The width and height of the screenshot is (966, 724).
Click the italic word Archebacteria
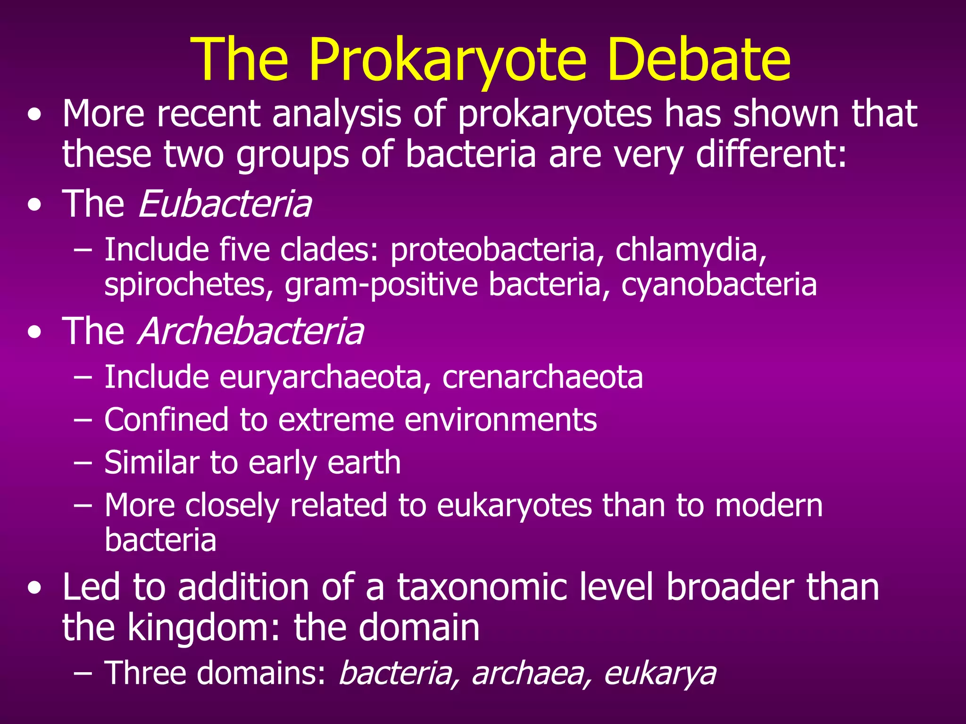(250, 331)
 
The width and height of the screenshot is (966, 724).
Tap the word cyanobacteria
(719, 285)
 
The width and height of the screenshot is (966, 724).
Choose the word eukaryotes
(514, 505)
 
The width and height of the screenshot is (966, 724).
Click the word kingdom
(206, 628)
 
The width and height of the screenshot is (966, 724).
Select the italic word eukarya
(659, 673)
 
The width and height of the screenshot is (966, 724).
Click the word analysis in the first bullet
(337, 114)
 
